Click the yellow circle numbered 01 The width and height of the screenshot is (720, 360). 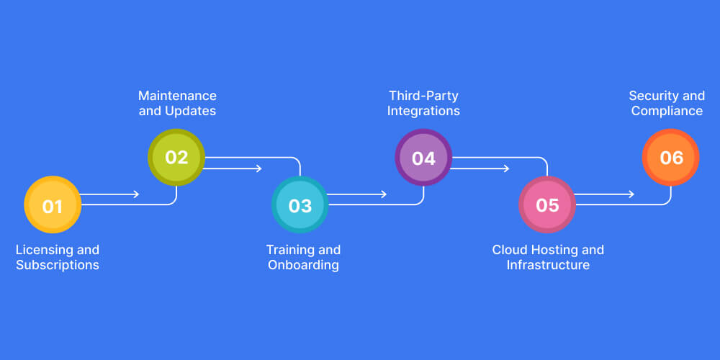(x=53, y=205)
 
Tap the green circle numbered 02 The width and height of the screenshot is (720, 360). (x=176, y=157)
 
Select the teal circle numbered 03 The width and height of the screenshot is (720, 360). (x=300, y=205)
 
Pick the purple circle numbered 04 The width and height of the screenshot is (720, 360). (x=423, y=158)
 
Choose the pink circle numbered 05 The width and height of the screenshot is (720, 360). (x=547, y=205)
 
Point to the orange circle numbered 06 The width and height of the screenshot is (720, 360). (x=671, y=158)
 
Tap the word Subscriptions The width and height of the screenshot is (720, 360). (x=58, y=266)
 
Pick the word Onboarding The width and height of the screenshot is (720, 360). (x=303, y=266)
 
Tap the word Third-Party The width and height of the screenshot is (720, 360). (x=423, y=96)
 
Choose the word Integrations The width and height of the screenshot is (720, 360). (x=423, y=112)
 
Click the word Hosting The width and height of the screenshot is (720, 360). (x=554, y=250)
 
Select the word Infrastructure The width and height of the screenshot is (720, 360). (x=548, y=266)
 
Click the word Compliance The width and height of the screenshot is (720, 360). (x=667, y=112)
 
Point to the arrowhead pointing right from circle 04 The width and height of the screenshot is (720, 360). (x=506, y=168)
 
